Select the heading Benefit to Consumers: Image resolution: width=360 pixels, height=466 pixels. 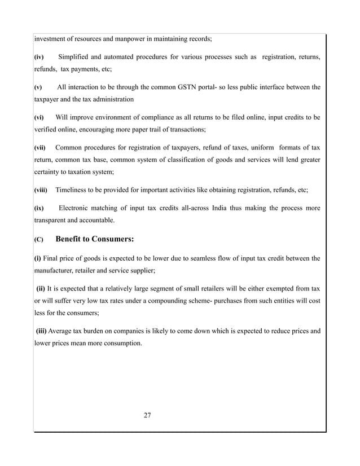(x=95, y=239)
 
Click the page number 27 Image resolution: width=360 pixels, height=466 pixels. (x=147, y=416)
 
